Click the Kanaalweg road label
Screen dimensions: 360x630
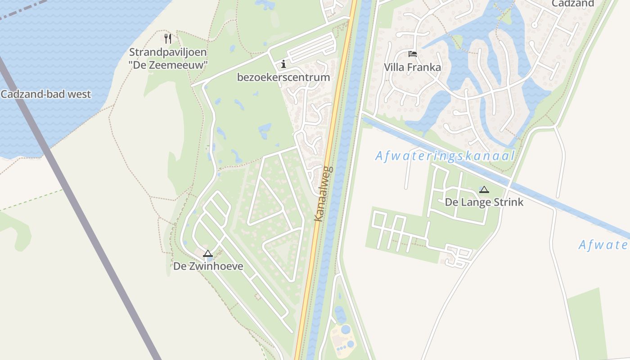tap(323, 194)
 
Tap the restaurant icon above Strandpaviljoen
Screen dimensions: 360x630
tap(168, 38)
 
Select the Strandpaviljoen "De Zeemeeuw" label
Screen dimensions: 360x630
tap(168, 58)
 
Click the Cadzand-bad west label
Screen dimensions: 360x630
tap(45, 94)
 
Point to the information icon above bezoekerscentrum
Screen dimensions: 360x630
tap(283, 64)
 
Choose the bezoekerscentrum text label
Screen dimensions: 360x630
tap(283, 77)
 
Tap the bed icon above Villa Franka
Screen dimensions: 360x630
tap(412, 54)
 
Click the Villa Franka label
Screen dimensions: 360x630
tap(412, 67)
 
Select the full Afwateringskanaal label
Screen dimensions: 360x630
tap(445, 156)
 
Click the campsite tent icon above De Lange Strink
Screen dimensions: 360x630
tap(484, 189)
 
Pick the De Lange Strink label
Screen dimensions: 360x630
tap(484, 202)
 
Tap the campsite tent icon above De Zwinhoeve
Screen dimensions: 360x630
tap(207, 253)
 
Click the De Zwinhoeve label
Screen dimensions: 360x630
tap(208, 266)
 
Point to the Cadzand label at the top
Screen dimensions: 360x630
tap(572, 4)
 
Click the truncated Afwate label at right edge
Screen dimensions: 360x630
tap(603, 245)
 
